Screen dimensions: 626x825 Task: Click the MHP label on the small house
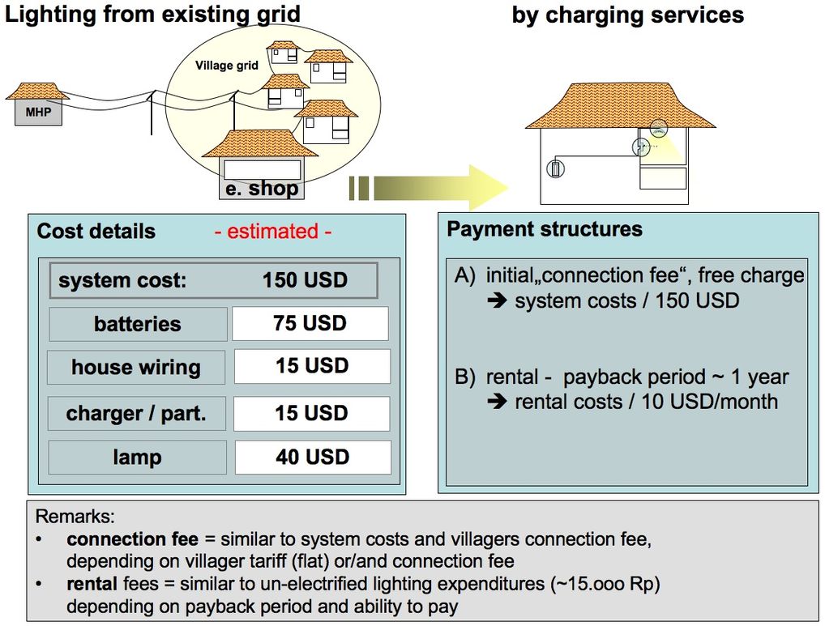tap(38, 113)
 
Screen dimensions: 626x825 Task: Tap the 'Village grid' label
tap(226, 66)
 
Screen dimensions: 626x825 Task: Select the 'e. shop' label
tap(261, 189)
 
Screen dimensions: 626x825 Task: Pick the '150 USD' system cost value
tap(305, 281)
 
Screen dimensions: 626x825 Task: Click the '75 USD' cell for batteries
tap(310, 323)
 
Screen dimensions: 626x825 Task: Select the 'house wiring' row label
tap(136, 367)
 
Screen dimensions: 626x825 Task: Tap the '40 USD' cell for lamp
tap(312, 457)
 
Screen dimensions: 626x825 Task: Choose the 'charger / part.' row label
tap(136, 414)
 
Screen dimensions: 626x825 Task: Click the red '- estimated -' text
tap(273, 232)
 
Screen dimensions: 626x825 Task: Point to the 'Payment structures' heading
tap(545, 229)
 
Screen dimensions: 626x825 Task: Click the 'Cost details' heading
tap(96, 231)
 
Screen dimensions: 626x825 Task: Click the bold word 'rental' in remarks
tap(92, 584)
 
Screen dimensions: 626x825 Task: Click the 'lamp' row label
tap(137, 458)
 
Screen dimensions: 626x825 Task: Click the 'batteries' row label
tap(137, 324)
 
